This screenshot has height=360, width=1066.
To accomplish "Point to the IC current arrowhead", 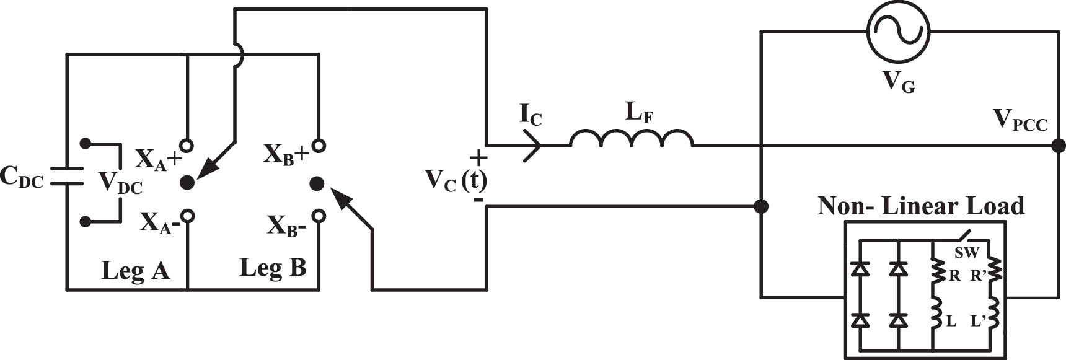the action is pos(532,146).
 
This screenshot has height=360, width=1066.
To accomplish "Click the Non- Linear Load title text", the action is pos(921,206).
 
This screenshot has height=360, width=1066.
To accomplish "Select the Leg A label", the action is pos(135,271).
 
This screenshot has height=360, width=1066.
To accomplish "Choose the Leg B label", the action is pos(273,268).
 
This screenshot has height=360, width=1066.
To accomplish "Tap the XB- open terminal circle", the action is pos(319,216).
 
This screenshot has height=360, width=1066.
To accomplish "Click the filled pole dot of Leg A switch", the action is pos(187,182).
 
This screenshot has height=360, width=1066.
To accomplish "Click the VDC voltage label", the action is pos(120,183).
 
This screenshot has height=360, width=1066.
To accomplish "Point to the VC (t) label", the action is pos(456,180).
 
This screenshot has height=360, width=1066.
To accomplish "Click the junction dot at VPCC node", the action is pos(1059,146).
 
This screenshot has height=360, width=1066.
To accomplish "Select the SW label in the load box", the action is pos(967,252).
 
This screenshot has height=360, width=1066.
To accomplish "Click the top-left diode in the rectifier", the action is pos(860,269).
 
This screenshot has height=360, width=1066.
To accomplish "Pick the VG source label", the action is pos(897,83).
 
